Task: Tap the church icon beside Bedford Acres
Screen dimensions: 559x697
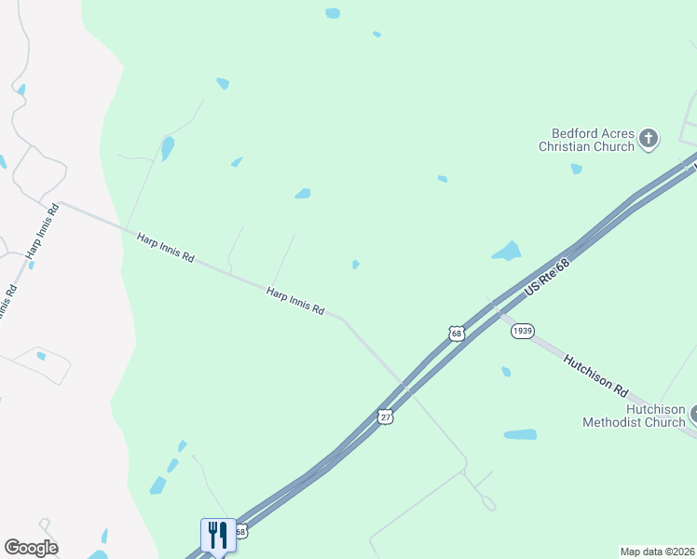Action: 649,140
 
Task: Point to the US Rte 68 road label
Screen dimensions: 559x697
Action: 546,278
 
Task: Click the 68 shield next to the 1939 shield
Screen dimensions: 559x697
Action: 456,333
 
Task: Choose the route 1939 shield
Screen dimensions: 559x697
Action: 522,332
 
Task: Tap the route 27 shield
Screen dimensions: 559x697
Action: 386,416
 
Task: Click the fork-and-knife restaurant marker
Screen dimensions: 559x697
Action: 218,535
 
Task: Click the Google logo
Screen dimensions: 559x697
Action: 31,548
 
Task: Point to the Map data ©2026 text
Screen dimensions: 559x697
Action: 658,552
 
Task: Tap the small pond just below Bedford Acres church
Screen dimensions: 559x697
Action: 577,169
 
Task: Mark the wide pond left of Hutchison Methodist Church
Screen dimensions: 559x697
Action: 520,434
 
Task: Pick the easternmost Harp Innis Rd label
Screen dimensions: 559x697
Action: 295,301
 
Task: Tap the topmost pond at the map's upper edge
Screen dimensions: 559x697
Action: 333,13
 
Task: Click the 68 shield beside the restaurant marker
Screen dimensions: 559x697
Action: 241,532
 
